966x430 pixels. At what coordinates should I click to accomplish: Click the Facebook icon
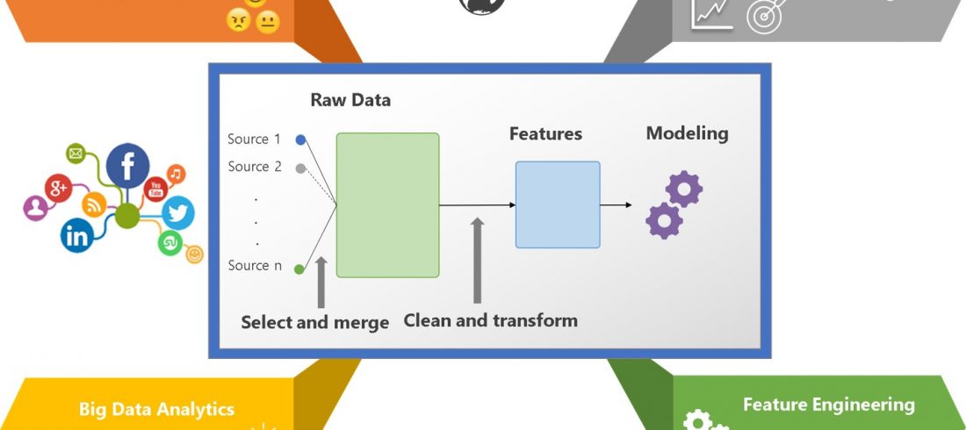coord(128,165)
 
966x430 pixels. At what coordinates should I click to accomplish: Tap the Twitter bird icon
coord(178,213)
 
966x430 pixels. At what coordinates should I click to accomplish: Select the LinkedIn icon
coord(77,235)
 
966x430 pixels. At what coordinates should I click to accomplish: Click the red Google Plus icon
coord(59,187)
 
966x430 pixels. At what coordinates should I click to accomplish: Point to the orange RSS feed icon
coord(94,204)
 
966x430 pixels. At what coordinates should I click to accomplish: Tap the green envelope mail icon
coord(76,155)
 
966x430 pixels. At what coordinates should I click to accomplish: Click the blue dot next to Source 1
coord(300,140)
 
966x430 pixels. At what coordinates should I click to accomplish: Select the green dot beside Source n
coord(299,269)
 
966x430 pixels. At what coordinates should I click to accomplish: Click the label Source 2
coord(254,167)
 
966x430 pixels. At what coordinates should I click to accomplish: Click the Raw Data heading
coord(350,100)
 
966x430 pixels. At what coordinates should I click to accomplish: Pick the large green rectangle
coord(387,204)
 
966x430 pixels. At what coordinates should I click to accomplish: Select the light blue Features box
coord(558,204)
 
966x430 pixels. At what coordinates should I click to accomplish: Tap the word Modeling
coord(687,133)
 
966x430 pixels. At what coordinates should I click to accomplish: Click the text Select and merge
coord(314,323)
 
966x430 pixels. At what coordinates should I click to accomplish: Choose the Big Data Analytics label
coord(156,409)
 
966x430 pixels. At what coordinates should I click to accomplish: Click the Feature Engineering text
coord(828,405)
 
